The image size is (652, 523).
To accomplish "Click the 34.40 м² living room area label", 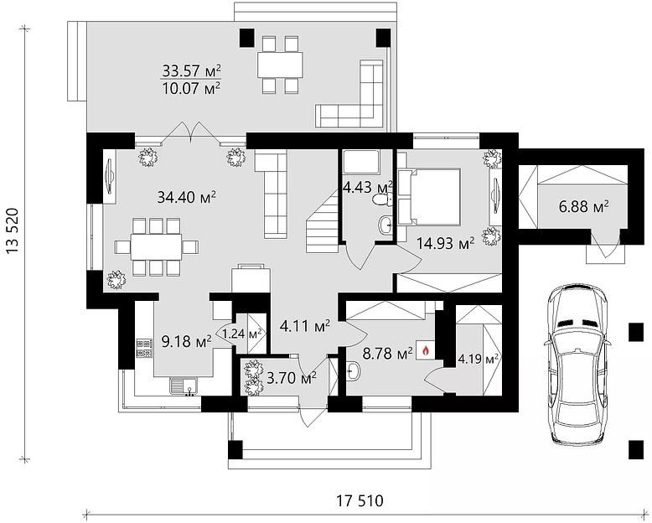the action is (187, 197).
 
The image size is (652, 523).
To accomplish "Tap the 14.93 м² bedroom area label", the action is (446, 243).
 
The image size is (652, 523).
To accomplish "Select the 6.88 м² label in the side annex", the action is (584, 206).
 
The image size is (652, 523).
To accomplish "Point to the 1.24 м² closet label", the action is (241, 333).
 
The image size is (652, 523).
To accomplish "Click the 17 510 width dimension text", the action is (360, 500).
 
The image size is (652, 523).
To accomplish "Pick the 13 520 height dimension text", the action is (13, 230).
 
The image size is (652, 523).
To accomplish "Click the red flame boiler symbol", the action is (426, 351).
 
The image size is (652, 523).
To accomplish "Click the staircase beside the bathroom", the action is (323, 220).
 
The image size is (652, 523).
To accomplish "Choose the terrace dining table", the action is (280, 65).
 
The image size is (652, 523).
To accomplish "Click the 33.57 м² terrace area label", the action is (191, 70).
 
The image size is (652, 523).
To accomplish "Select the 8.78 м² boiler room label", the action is (387, 354).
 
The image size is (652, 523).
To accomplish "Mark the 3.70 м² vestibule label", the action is (292, 378).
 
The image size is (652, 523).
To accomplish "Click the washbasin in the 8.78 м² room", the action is (353, 370).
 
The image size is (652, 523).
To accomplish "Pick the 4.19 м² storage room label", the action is (479, 359).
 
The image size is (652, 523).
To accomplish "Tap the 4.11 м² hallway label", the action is (305, 325).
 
